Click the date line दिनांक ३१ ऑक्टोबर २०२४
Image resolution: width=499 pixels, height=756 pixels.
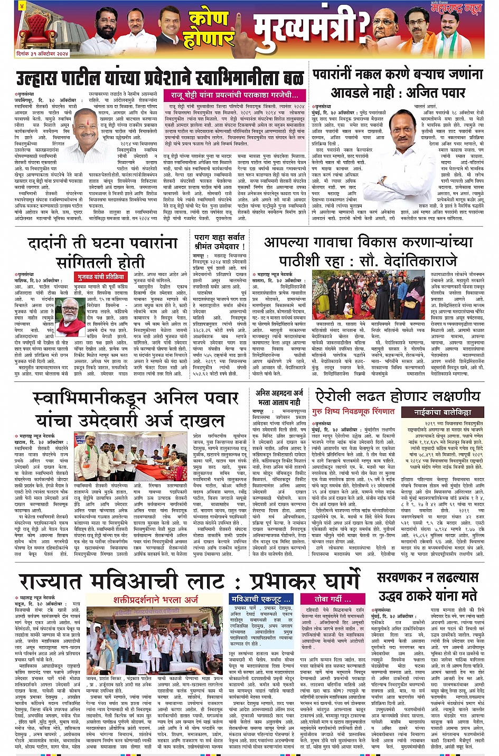click(42, 54)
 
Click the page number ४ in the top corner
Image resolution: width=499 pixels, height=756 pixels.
click(21, 6)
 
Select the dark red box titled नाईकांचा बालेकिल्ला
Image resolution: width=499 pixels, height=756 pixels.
click(442, 412)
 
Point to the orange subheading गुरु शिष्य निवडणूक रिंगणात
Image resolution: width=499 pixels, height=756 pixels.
click(353, 412)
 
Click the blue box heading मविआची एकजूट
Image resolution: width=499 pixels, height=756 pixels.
click(261, 599)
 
